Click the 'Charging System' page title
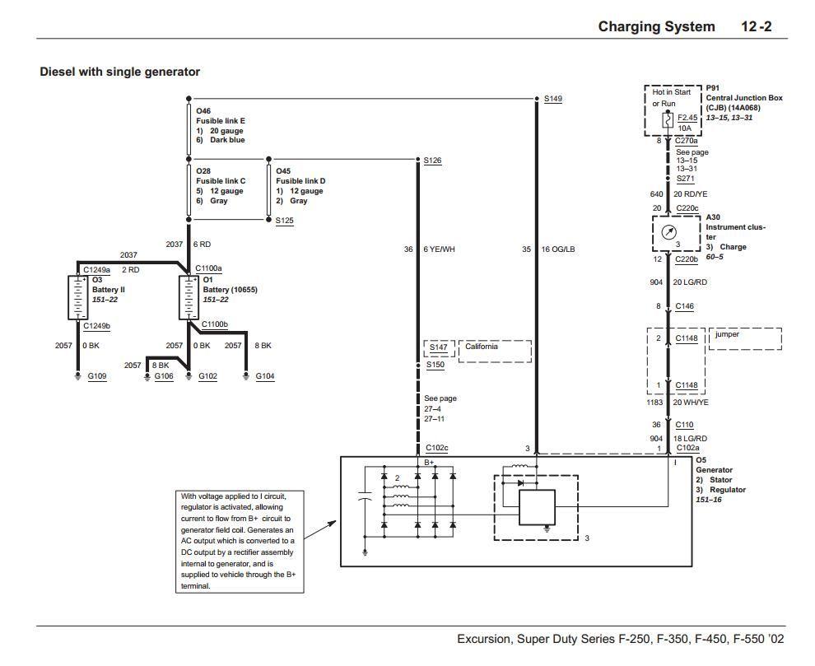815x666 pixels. (x=656, y=26)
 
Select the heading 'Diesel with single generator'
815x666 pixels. (x=119, y=72)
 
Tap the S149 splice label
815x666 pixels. (x=552, y=99)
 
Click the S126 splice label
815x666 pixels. (x=432, y=160)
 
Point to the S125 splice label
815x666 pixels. (x=284, y=221)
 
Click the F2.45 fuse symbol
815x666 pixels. (x=668, y=119)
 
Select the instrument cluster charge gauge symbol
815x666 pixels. (x=668, y=232)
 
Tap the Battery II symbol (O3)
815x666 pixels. (x=78, y=297)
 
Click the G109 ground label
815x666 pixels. (x=96, y=376)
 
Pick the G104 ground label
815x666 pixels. (x=264, y=376)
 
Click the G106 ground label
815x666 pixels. (x=164, y=376)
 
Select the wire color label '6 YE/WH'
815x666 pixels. (x=439, y=249)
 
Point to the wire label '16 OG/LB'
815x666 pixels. (x=557, y=249)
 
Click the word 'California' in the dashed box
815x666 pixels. (x=482, y=347)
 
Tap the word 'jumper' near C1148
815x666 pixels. (x=727, y=334)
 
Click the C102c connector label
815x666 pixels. (x=436, y=448)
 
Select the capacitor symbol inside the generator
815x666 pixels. (x=366, y=498)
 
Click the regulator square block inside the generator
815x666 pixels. (x=537, y=507)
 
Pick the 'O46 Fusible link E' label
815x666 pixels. (x=220, y=116)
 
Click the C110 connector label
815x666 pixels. (x=684, y=425)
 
